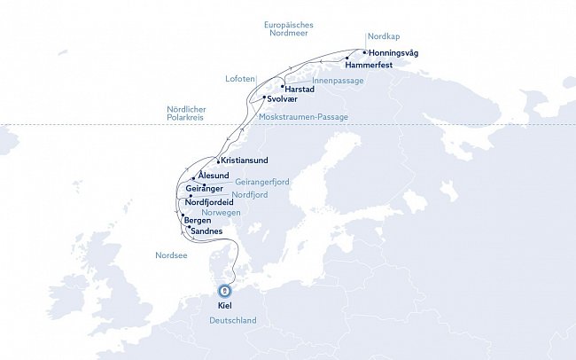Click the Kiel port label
tap(225, 306)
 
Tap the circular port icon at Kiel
tap(225, 290)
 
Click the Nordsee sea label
tap(171, 256)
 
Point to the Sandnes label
tap(206, 231)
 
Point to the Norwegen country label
tap(222, 214)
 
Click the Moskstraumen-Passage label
tap(303, 117)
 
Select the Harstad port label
tap(301, 88)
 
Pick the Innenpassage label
tap(338, 80)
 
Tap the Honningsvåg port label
tap(393, 52)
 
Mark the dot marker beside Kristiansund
tap(218, 160)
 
